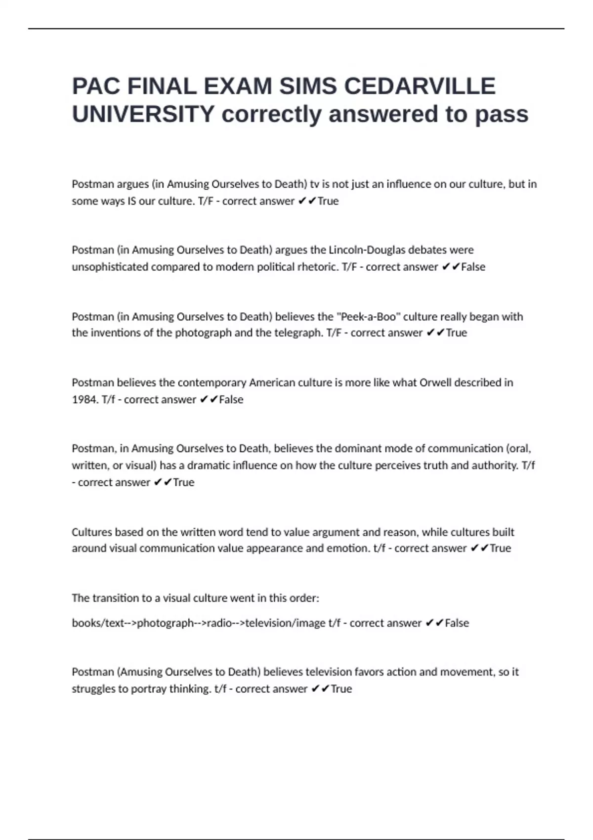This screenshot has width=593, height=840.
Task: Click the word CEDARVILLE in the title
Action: [420, 86]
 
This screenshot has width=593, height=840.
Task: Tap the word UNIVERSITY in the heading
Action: [143, 114]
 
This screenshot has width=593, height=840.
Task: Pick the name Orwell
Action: [435, 382]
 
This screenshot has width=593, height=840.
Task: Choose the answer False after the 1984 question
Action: [231, 399]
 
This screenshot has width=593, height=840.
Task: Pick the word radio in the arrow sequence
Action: [219, 623]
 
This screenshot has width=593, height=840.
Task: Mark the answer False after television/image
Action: [457, 623]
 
